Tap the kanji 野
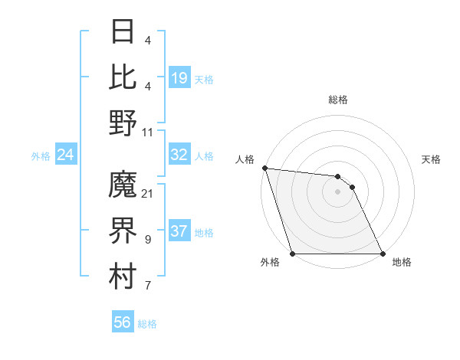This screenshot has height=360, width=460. tap(123, 123)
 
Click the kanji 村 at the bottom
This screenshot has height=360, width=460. tap(123, 277)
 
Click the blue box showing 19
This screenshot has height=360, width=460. tap(179, 78)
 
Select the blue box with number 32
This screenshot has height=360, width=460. tap(179, 155)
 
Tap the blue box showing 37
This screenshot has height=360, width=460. tap(179, 231)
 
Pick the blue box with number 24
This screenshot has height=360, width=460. tap(66, 155)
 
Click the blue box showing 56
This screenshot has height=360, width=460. tap(122, 322)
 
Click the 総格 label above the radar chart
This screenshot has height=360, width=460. tap(338, 100)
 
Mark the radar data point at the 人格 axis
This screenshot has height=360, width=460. tap(264, 169)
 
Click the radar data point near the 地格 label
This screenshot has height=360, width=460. tap(382, 253)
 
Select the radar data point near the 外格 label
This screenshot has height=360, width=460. tap(293, 253)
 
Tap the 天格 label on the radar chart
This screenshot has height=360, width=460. tap(432, 159)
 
